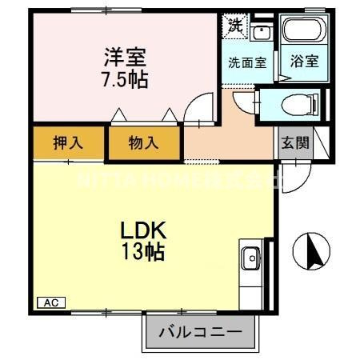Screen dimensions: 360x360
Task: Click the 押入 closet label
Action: point(69,143)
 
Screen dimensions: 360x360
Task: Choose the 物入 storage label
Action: point(144,143)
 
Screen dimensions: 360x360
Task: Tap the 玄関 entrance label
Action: point(294,143)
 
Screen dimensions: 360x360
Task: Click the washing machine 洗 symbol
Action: point(234,24)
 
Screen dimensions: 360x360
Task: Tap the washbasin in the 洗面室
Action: point(262,33)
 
